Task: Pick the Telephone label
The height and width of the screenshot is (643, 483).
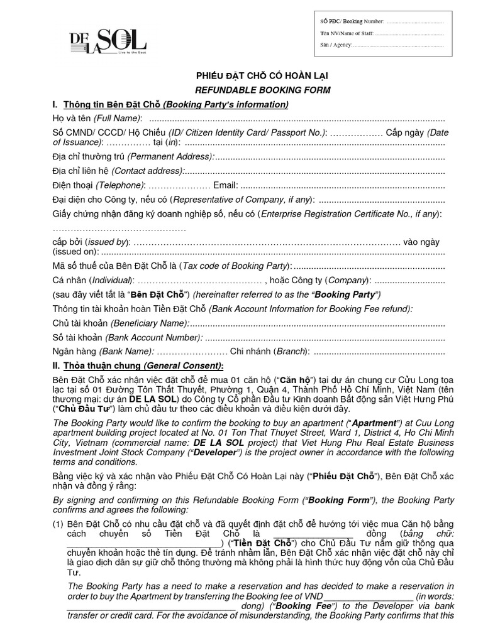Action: pos(120,185)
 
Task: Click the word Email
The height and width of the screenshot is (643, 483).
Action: pos(226,185)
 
